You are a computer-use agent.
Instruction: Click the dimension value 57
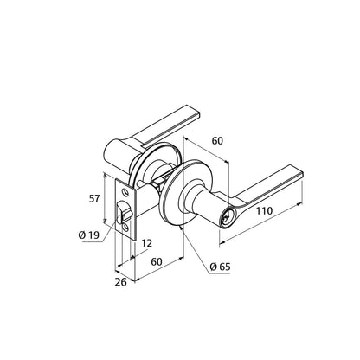click(x=94, y=199)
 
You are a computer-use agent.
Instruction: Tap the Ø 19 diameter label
click(x=88, y=235)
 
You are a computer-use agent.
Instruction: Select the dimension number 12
click(x=147, y=243)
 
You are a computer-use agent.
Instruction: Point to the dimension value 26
click(x=121, y=282)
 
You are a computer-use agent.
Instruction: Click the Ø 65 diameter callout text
click(x=221, y=267)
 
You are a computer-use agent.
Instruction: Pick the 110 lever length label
click(x=264, y=211)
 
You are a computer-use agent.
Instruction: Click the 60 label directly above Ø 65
click(x=157, y=262)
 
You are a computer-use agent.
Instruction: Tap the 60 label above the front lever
click(x=217, y=141)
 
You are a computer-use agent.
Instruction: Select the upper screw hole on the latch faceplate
click(x=125, y=191)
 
